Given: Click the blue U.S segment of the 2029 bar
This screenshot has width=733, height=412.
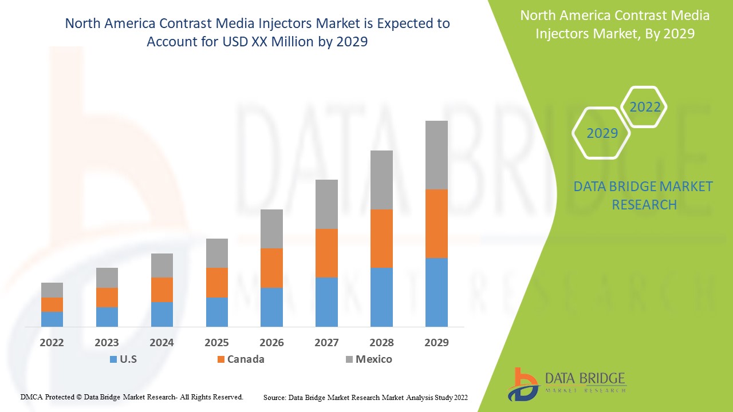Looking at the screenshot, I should coord(436,292).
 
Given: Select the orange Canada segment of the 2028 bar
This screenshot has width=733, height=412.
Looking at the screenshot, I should coord(381,239).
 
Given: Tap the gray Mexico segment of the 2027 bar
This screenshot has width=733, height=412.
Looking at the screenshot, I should coord(326,204).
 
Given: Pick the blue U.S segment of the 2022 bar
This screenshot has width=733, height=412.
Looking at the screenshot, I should coord(52,319).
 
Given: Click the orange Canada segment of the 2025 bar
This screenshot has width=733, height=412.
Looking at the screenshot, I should coord(217,283).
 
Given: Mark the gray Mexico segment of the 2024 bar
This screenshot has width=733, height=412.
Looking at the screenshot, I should coord(162,266).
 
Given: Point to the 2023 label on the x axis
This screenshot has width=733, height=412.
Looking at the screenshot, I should coord(107,343).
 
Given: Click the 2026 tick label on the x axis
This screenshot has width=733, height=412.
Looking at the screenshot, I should coord(271,343).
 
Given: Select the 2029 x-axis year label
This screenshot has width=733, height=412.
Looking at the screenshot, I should coord(436,343).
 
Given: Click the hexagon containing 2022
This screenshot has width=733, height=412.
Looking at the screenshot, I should coord(645,107).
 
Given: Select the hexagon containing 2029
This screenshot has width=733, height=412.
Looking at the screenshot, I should coord(602,133).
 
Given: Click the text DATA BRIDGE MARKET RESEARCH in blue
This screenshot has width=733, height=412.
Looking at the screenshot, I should coord(643,196).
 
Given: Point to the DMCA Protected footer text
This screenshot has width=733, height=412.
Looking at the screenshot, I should coord(132,397).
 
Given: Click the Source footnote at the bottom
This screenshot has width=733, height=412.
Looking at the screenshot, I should coord(365,397).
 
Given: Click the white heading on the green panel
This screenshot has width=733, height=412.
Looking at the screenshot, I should coord(614,25).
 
